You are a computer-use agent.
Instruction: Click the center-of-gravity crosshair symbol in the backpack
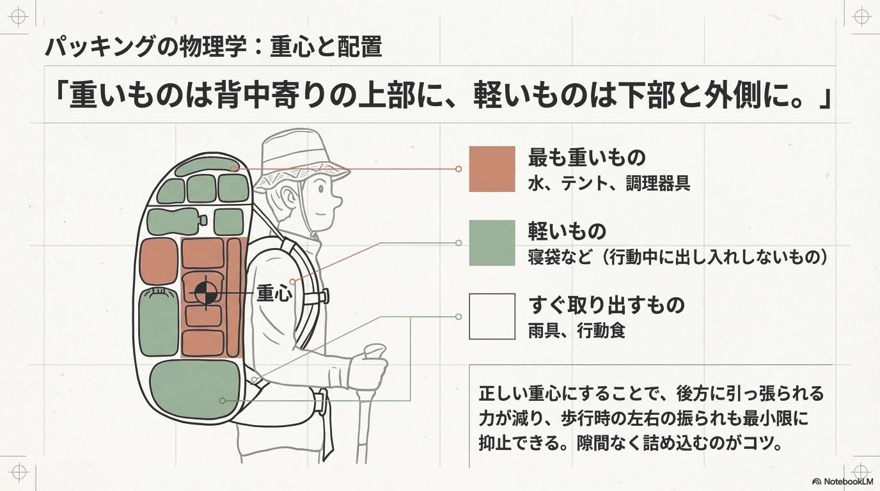coord(206,293)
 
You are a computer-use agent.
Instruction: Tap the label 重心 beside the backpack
coord(274,293)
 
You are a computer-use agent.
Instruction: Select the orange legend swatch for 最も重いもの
coord(492,169)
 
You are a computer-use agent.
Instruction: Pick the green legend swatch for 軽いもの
coord(492,243)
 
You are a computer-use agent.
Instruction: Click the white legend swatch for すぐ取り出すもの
coord(492,316)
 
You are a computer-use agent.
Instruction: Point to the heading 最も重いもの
coord(586,157)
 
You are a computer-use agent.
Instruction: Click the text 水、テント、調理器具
coord(609,185)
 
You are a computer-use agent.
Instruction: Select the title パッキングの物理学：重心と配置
coord(213,47)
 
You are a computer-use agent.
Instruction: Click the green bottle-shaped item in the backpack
coord(176,221)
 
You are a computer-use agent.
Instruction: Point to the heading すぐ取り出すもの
coord(606,304)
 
